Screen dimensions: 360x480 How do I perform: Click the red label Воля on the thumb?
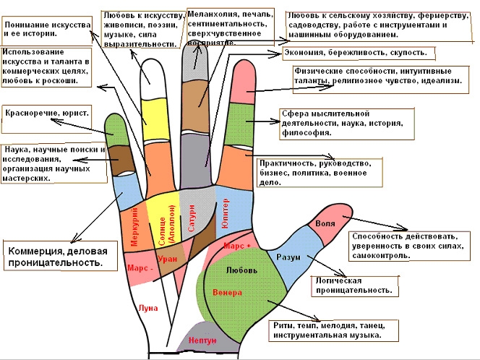[x=326, y=224]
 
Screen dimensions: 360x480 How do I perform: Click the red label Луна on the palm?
[x=147, y=307]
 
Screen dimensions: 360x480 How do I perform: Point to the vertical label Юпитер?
[x=224, y=213]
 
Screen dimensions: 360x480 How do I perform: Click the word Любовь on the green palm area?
[x=241, y=270]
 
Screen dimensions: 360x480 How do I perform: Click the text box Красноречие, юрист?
[x=48, y=114]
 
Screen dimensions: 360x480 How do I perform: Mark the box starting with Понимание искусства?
[x=48, y=30]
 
